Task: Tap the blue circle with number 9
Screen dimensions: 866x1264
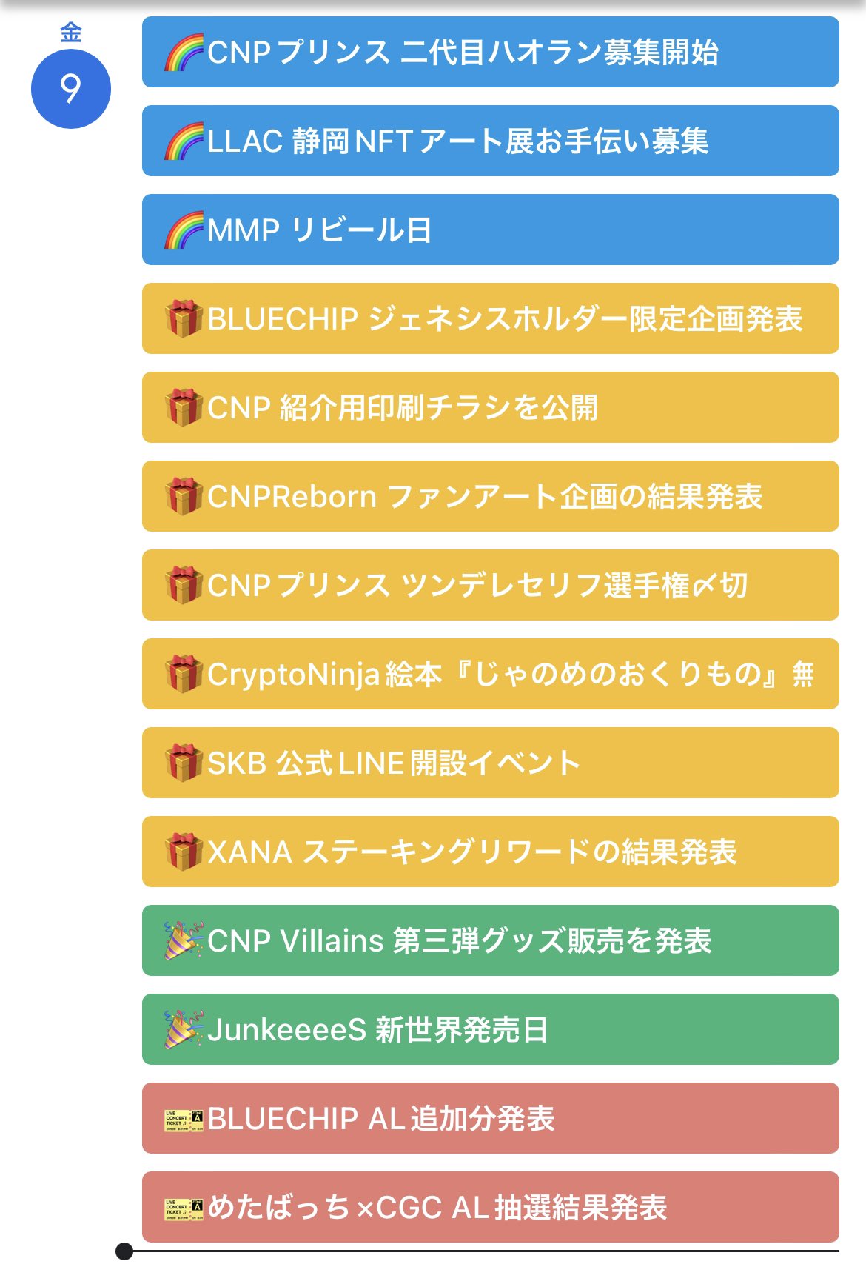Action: coord(71,89)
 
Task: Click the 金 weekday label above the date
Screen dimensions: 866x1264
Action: coord(71,33)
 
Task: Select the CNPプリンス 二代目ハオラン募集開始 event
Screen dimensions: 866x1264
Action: coord(490,52)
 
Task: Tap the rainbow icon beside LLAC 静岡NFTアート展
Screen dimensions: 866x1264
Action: coord(184,141)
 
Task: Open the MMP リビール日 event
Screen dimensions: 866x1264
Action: coord(490,230)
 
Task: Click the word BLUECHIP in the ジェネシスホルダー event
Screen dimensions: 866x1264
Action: coord(283,319)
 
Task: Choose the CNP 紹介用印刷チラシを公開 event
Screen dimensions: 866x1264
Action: coord(490,407)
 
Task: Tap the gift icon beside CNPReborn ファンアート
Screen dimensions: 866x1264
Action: coord(184,496)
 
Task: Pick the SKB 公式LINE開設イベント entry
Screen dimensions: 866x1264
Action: coord(490,763)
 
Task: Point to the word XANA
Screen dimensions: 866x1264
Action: coord(250,852)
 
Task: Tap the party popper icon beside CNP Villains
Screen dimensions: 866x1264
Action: coord(184,940)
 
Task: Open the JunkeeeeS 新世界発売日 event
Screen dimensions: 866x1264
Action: coord(490,1029)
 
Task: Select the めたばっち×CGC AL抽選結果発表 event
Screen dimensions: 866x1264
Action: coord(490,1207)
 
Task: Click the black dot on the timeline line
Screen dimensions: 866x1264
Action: coord(124,1251)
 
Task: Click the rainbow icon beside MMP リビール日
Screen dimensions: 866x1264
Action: coord(184,230)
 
